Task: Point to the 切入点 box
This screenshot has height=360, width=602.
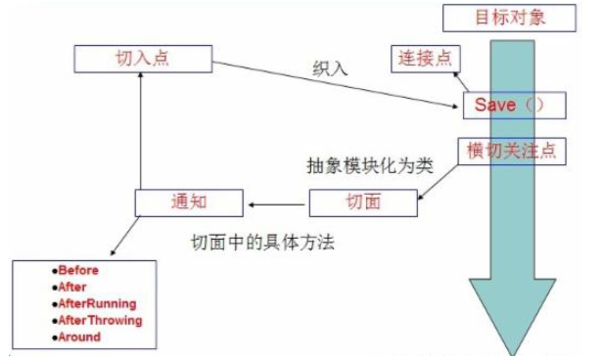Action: pos(142,57)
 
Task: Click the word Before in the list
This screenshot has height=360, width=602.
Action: pos(78,270)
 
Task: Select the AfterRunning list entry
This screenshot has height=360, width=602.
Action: pos(96,303)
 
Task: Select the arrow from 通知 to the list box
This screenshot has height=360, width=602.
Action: pos(126,238)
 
